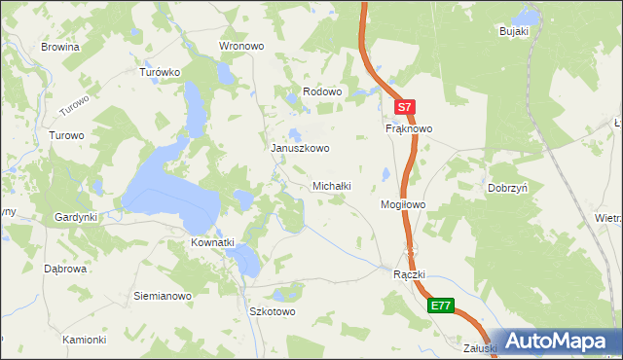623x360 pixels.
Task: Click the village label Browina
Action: click(59, 46)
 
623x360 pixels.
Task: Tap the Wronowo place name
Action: click(242, 46)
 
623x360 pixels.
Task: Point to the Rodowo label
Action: click(322, 91)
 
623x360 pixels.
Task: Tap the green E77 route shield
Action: click(441, 305)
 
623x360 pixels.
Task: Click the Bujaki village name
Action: click(513, 31)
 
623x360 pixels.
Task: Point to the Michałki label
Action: click(331, 185)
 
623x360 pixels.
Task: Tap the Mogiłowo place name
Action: click(402, 205)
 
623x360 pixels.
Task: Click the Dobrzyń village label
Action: click(508, 189)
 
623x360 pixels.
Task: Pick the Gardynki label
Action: click(76, 217)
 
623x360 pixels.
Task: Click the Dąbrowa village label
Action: click(66, 268)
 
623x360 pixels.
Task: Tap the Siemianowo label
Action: click(162, 295)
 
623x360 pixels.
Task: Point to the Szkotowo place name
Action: click(273, 312)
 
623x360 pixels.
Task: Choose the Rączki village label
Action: click(410, 275)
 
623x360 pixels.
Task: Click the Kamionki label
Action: click(84, 340)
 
